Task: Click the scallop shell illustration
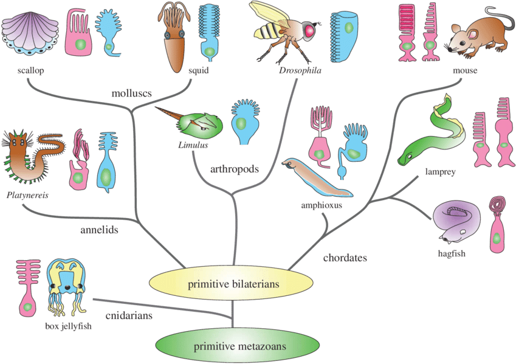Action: click(x=30, y=35)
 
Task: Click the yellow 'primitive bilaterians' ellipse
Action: click(x=232, y=283)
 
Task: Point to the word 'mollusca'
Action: click(x=131, y=94)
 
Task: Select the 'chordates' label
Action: click(x=345, y=258)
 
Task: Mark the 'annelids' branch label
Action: click(x=99, y=230)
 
